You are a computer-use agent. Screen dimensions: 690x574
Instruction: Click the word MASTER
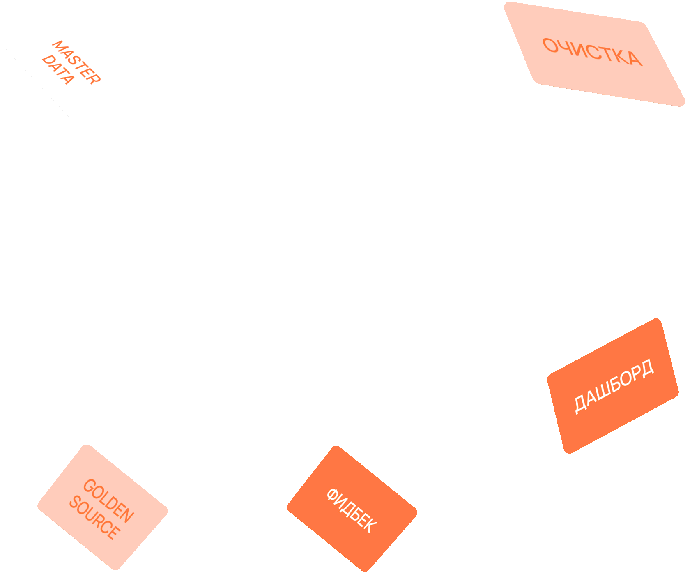click(x=76, y=62)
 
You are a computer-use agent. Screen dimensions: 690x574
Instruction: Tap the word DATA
click(x=58, y=69)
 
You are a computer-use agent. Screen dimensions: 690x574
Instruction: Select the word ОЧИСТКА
click(x=592, y=52)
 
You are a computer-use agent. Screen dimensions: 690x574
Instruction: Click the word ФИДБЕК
click(x=352, y=510)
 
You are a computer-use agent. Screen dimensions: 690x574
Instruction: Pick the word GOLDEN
click(x=108, y=501)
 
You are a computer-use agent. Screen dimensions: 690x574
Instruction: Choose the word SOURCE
click(x=95, y=518)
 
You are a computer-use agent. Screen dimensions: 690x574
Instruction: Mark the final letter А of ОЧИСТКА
click(x=635, y=59)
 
